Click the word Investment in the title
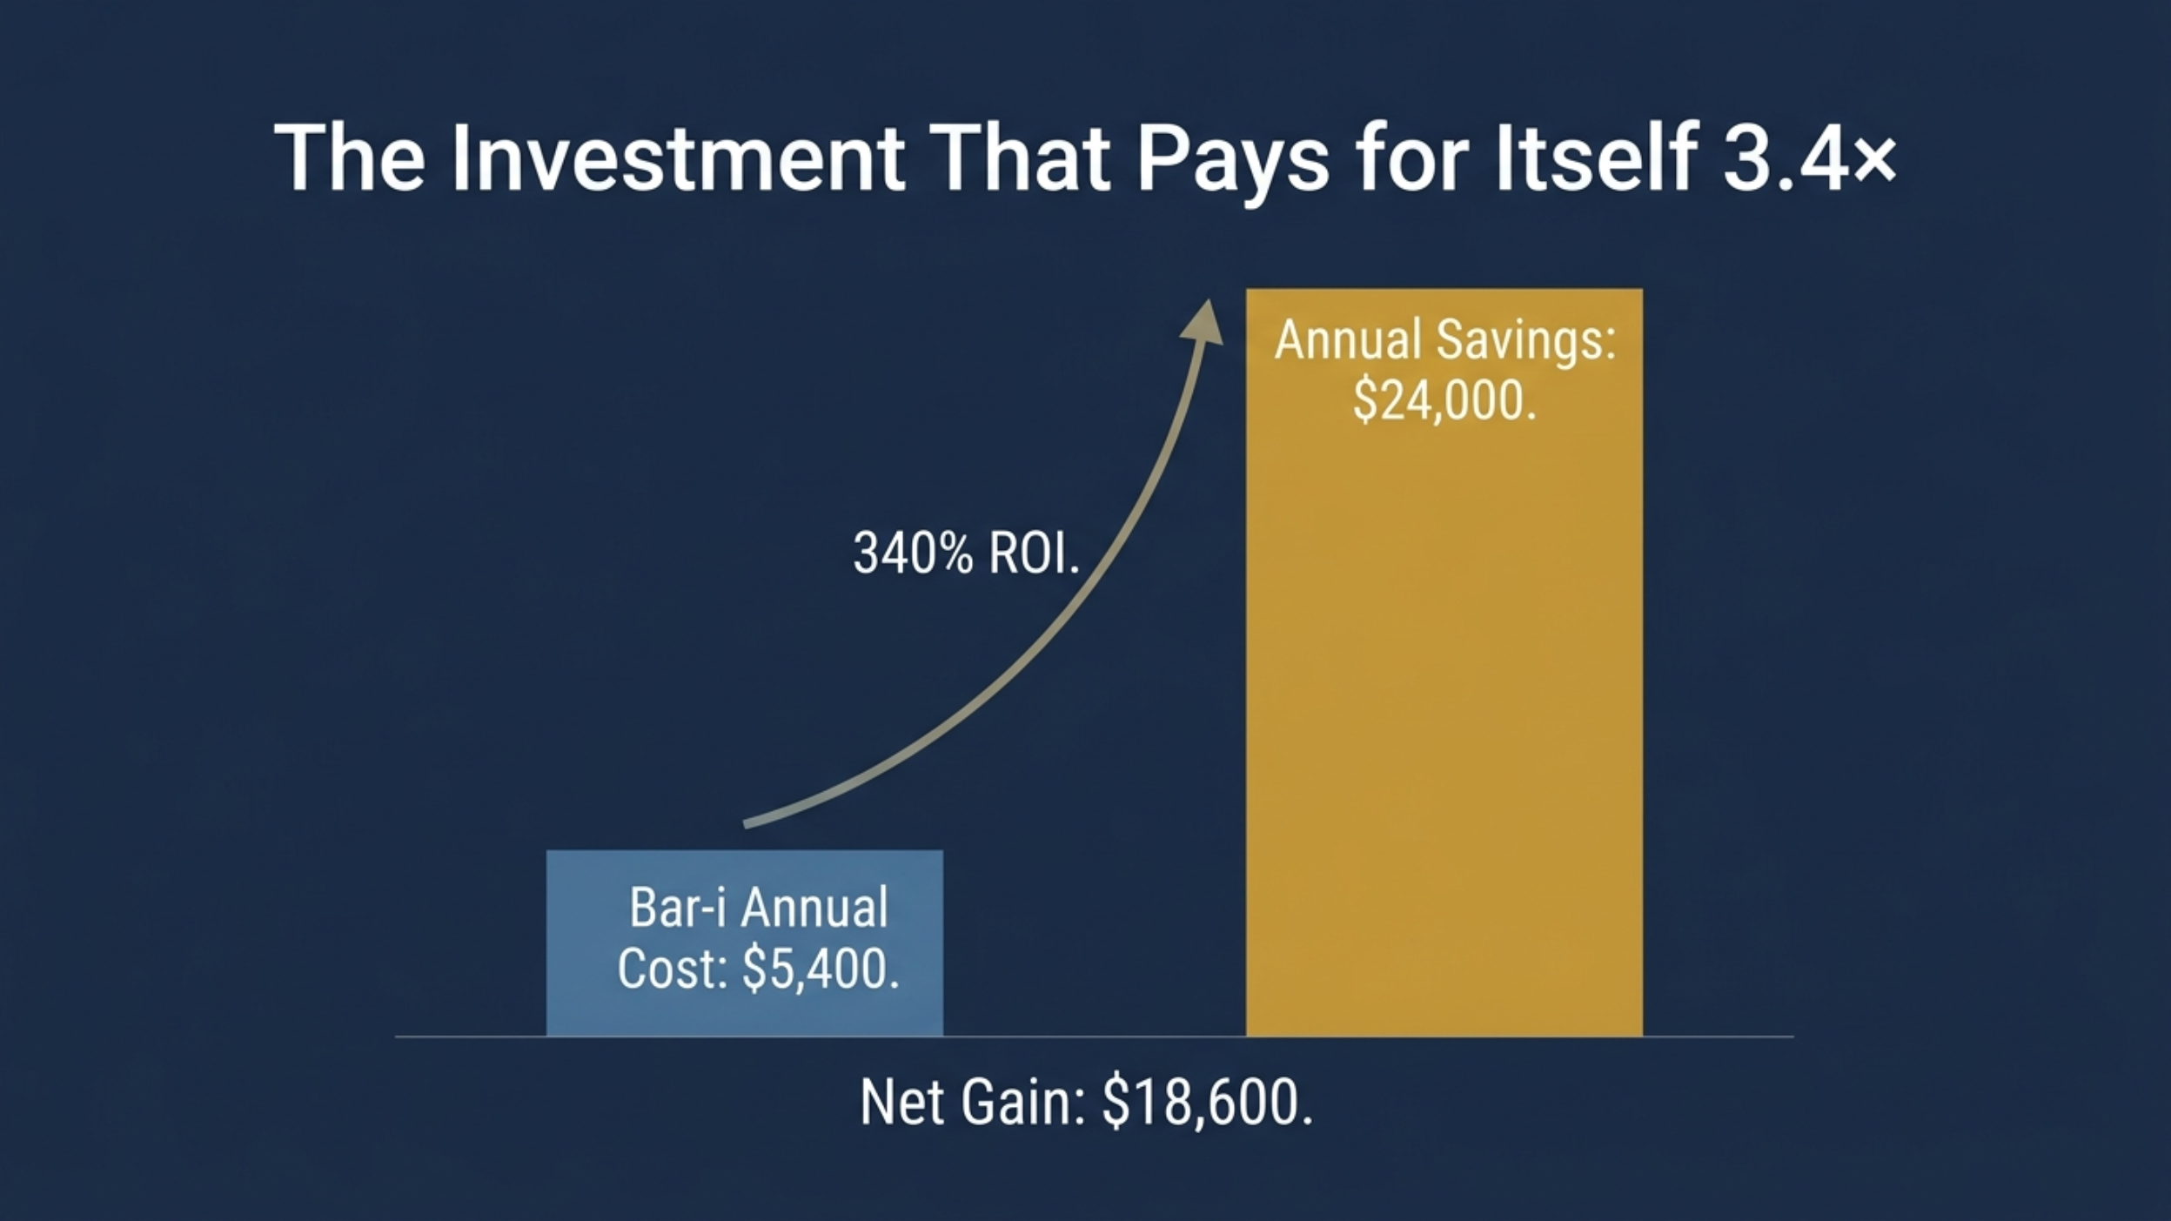tap(679, 158)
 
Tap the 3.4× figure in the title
tap(1809, 158)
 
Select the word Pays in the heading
tap(1234, 164)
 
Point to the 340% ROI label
tap(966, 553)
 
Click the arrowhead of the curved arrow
tap(1204, 322)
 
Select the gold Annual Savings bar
tap(1444, 662)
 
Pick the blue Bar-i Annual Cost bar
tap(745, 943)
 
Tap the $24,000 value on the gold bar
tap(1444, 401)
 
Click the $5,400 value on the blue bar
tap(821, 969)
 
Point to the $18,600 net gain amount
tap(1208, 1103)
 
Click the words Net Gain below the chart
tap(973, 1103)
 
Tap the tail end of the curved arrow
tap(746, 823)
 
